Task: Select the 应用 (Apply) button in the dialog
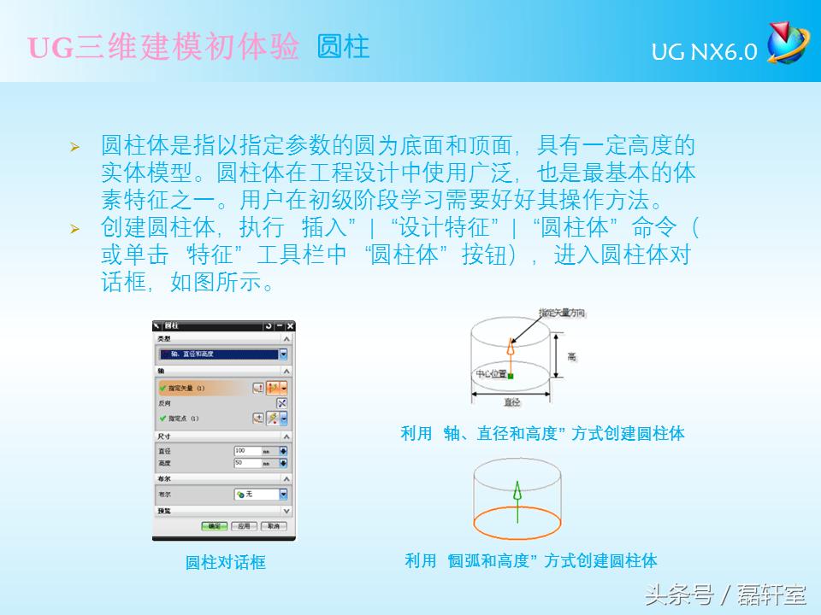[244, 526]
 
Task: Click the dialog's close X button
[290, 326]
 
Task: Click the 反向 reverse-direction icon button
[281, 402]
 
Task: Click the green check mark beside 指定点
[162, 419]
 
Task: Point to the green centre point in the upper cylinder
[510, 375]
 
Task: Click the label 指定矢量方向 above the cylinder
[562, 313]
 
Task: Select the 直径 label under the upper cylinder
[511, 401]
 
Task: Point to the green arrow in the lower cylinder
[516, 492]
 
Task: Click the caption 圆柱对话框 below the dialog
[226, 563]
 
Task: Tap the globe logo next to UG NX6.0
[786, 44]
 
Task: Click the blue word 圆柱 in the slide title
[343, 47]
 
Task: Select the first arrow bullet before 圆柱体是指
[74, 147]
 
